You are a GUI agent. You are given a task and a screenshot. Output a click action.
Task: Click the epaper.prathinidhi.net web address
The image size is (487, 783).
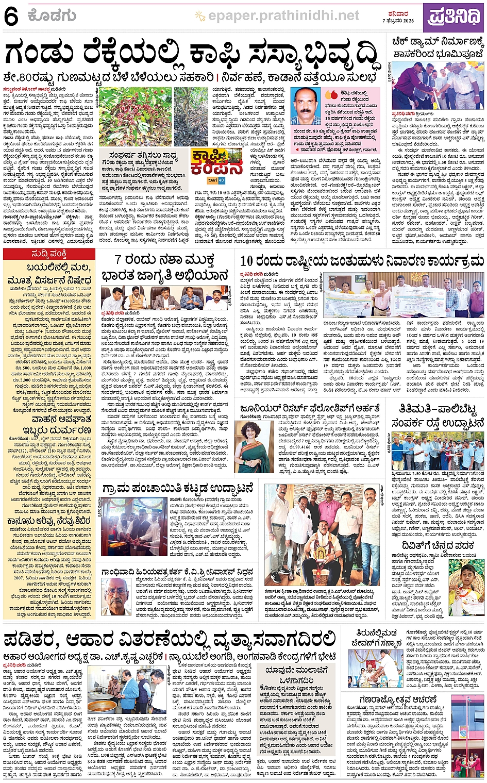click(283, 16)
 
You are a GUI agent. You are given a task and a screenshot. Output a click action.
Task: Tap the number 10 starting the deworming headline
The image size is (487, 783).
click(247, 261)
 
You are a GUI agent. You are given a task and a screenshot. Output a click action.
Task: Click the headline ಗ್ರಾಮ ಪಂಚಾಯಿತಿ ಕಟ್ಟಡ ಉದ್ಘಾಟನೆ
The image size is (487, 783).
click(178, 488)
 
